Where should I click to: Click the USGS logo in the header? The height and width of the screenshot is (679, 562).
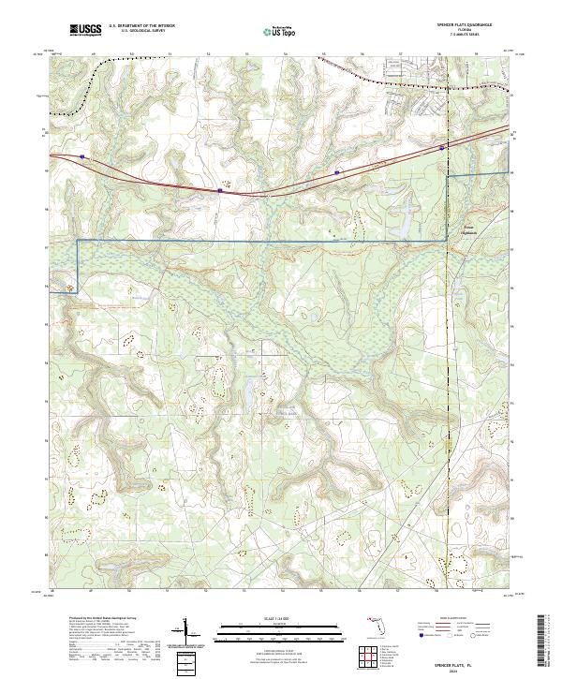(x=85, y=30)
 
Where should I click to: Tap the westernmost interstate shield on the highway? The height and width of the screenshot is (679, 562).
(x=82, y=157)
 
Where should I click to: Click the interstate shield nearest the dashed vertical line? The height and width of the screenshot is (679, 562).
(x=442, y=146)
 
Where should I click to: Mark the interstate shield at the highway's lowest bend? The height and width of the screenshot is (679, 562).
(x=220, y=190)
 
